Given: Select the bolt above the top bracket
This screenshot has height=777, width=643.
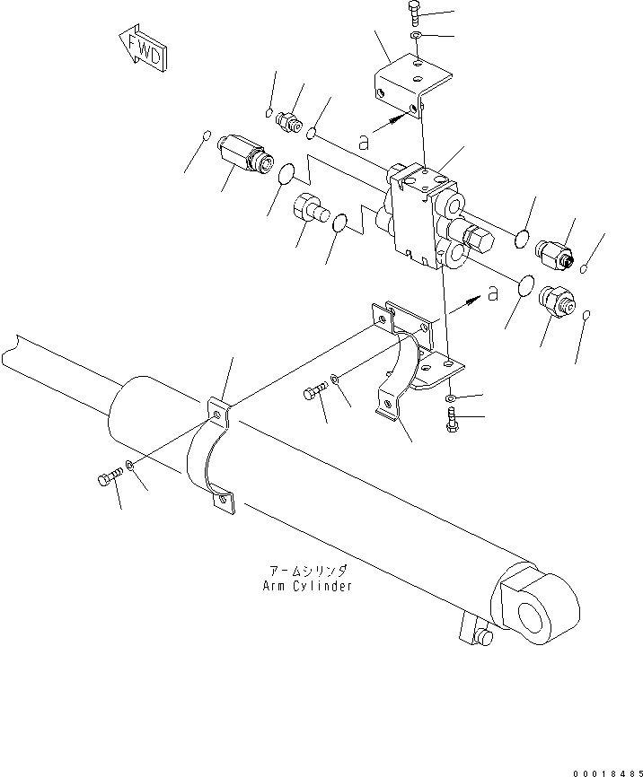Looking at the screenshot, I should [x=414, y=13].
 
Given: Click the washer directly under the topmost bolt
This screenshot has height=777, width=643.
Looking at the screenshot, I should [x=416, y=36].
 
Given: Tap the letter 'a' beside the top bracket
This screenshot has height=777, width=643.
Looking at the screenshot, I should [x=363, y=140].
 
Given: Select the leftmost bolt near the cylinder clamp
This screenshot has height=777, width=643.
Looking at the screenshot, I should [x=106, y=481].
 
